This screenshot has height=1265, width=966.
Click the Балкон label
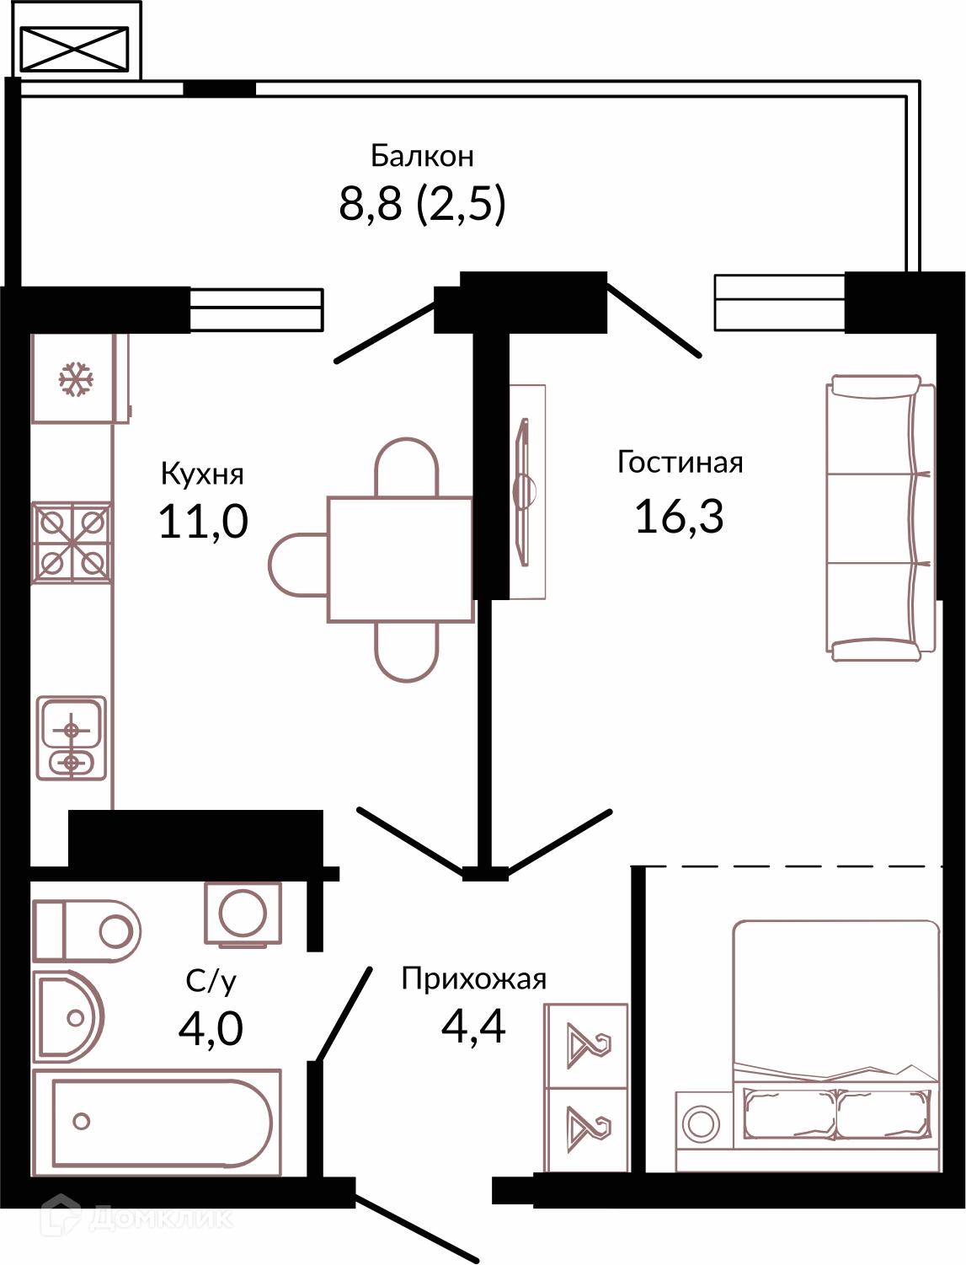(422, 156)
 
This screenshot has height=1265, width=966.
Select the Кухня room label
(202, 474)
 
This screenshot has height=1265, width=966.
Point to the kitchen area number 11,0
(203, 521)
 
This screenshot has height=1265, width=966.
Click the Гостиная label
(680, 462)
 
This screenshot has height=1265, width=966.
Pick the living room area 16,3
(680, 516)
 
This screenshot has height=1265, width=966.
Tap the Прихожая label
(474, 979)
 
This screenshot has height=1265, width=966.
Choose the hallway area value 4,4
(473, 1026)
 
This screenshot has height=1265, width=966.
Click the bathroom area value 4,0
(211, 1029)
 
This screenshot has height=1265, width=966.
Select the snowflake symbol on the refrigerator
(76, 379)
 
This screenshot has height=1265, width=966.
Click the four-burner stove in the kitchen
(72, 543)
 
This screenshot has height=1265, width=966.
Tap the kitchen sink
(72, 737)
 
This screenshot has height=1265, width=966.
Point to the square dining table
(400, 560)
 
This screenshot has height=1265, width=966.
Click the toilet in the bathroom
(87, 930)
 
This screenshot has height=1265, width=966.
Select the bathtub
(157, 1122)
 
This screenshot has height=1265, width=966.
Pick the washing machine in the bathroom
(243, 914)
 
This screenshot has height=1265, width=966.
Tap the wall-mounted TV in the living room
(523, 491)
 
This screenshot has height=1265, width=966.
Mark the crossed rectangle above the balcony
(74, 49)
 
